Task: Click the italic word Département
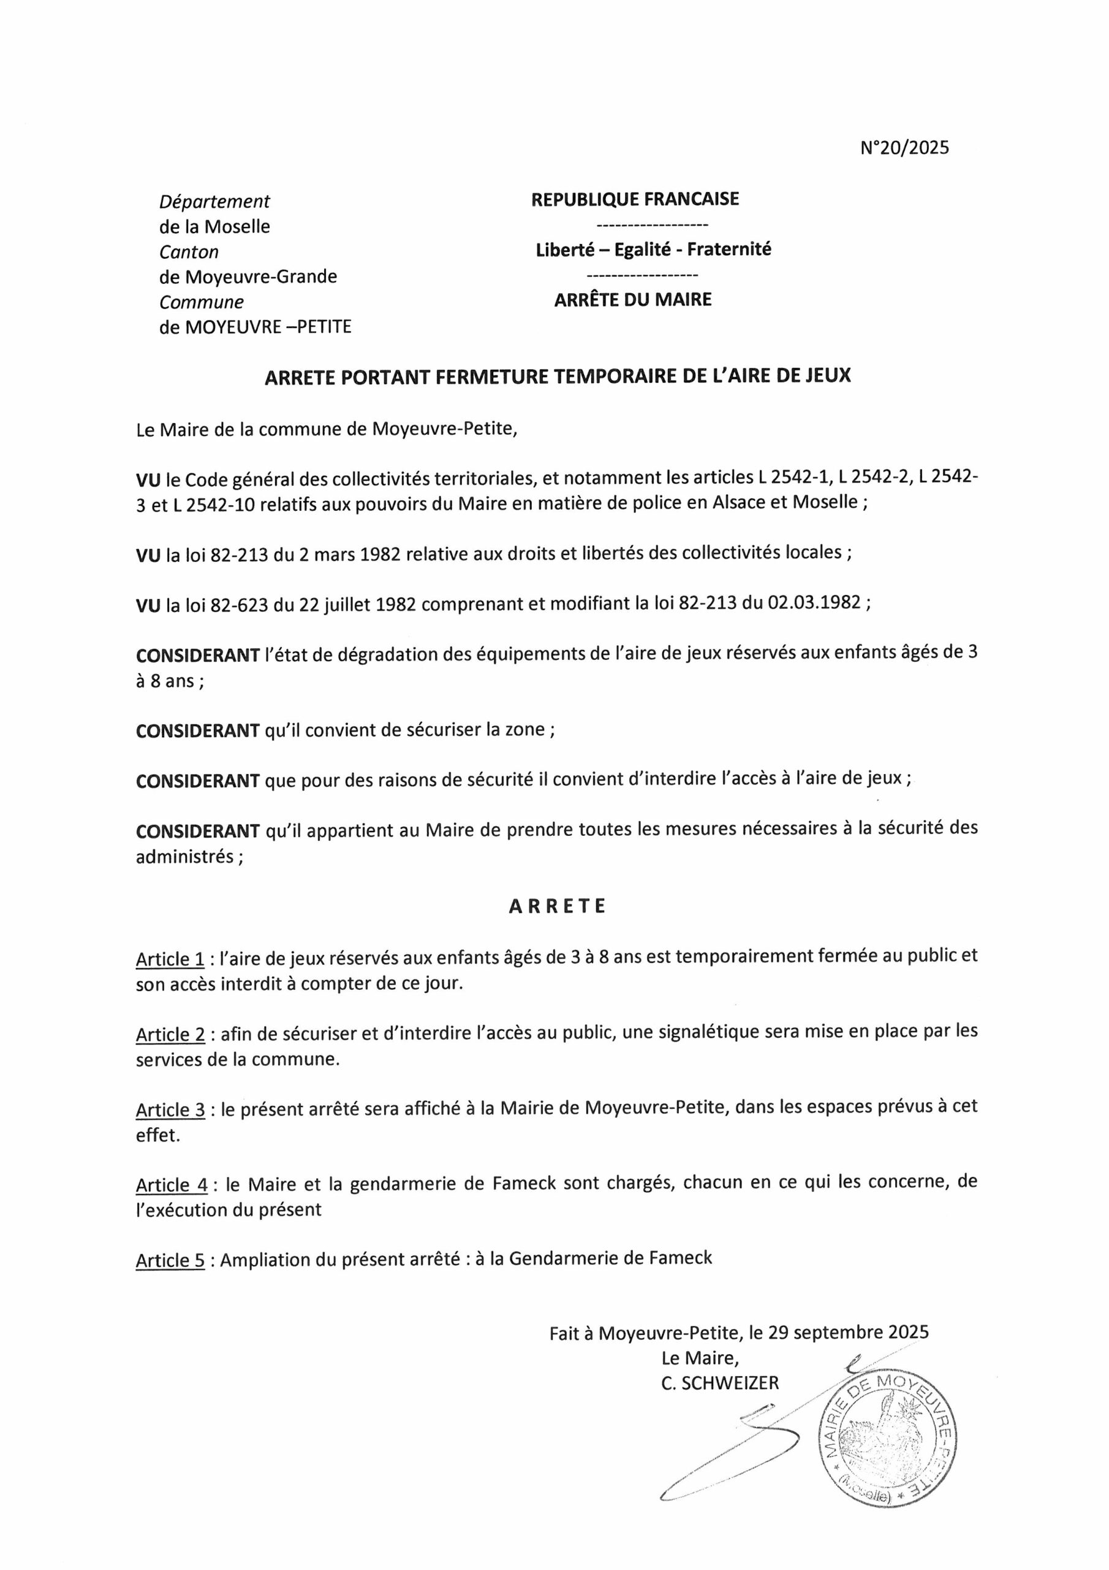pyautogui.click(x=214, y=202)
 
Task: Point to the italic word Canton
pyautogui.click(x=189, y=252)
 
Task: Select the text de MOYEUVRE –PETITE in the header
pyautogui.click(x=255, y=327)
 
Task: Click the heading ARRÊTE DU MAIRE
pyautogui.click(x=633, y=299)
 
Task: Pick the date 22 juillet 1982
pyautogui.click(x=357, y=605)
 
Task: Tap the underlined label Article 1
pyautogui.click(x=170, y=959)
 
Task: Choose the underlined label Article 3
pyautogui.click(x=170, y=1111)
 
